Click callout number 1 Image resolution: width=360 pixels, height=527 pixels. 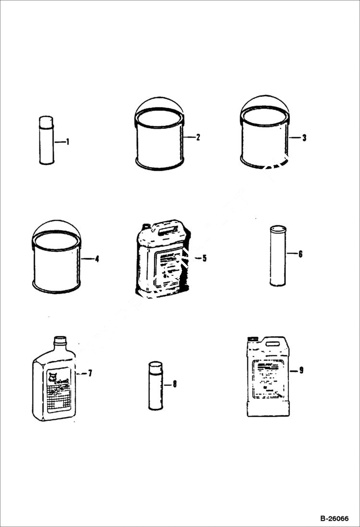68,142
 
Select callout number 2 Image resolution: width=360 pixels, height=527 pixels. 198,137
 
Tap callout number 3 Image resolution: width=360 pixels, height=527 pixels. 304,138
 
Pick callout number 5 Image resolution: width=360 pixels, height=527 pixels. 204,258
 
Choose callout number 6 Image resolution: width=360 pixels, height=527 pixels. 300,254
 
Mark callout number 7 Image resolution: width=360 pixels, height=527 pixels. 90,373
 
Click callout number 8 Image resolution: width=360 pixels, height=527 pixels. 174,384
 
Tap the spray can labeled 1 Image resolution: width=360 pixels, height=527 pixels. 46,140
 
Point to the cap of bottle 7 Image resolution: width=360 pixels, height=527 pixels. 59,341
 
